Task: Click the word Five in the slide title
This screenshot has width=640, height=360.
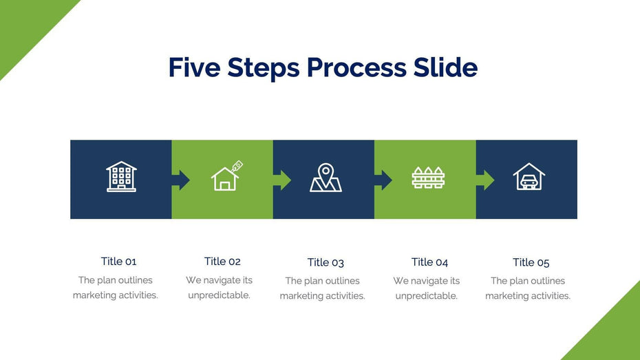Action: coord(195,67)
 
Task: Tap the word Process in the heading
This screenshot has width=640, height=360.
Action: coord(356,67)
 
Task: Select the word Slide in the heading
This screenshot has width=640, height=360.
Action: coord(445,67)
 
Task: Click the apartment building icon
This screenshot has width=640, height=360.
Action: coord(121,176)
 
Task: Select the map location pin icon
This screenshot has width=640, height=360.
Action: coord(326,178)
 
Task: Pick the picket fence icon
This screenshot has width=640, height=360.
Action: coord(428,178)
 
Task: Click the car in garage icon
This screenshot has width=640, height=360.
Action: coord(529,176)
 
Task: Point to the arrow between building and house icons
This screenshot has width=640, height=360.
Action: coord(181,180)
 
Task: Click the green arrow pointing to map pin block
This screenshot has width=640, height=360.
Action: coord(282,180)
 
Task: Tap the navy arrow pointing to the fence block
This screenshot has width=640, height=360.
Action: coord(383,180)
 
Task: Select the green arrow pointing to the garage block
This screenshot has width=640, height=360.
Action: coord(485,180)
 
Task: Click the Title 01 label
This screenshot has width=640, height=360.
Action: coord(118,262)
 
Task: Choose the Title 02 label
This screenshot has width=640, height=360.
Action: coord(222,262)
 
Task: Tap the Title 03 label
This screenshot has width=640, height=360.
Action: coord(326,262)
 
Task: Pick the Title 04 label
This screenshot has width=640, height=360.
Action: coord(429,262)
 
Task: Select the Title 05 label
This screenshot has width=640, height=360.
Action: coord(531,262)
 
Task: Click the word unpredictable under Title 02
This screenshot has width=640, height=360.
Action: coord(220,295)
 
